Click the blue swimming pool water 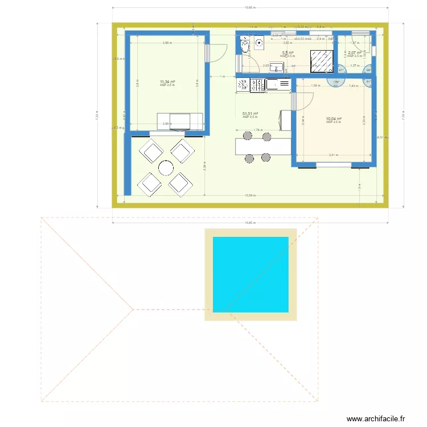click(x=251, y=274)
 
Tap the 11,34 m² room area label click(x=167, y=82)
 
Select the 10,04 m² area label click(x=334, y=119)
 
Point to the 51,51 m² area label click(x=251, y=114)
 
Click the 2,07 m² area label click(x=355, y=53)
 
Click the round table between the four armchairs click(x=166, y=167)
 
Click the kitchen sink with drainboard click(x=278, y=85)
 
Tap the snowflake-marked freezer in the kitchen click(x=258, y=85)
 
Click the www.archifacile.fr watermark click(x=376, y=419)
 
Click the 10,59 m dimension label click(x=250, y=195)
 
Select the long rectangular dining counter click(x=262, y=146)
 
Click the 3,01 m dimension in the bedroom click(x=333, y=155)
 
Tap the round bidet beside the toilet click(x=259, y=42)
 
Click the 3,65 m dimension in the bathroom click(x=288, y=43)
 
